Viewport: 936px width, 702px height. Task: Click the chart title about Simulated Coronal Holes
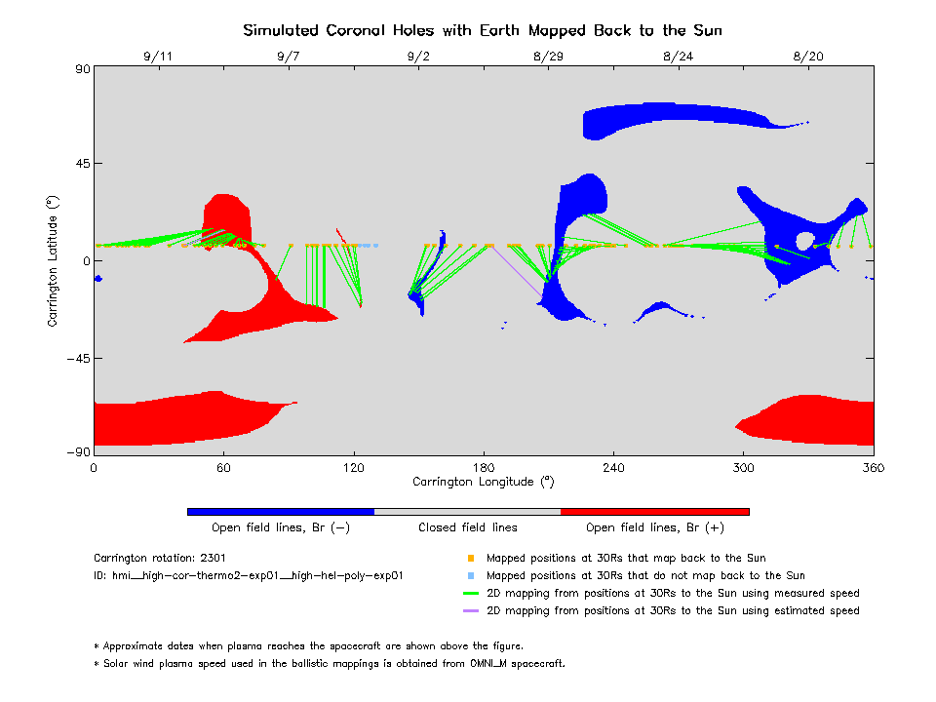483,30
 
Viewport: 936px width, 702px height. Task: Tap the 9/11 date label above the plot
158,57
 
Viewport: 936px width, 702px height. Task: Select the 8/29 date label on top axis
548,57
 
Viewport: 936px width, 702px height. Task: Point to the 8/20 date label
808,57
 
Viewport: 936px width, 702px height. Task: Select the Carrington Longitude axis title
484,482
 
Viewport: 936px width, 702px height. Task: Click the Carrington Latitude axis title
54,260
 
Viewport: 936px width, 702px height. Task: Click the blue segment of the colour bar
281,511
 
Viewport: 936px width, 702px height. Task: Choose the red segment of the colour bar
655,511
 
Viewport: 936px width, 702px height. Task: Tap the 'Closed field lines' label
468,527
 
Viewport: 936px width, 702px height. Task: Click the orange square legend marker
471,559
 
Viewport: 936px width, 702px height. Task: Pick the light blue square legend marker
471,576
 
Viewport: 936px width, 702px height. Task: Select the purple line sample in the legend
471,611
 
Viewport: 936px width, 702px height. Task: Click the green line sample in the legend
471,594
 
